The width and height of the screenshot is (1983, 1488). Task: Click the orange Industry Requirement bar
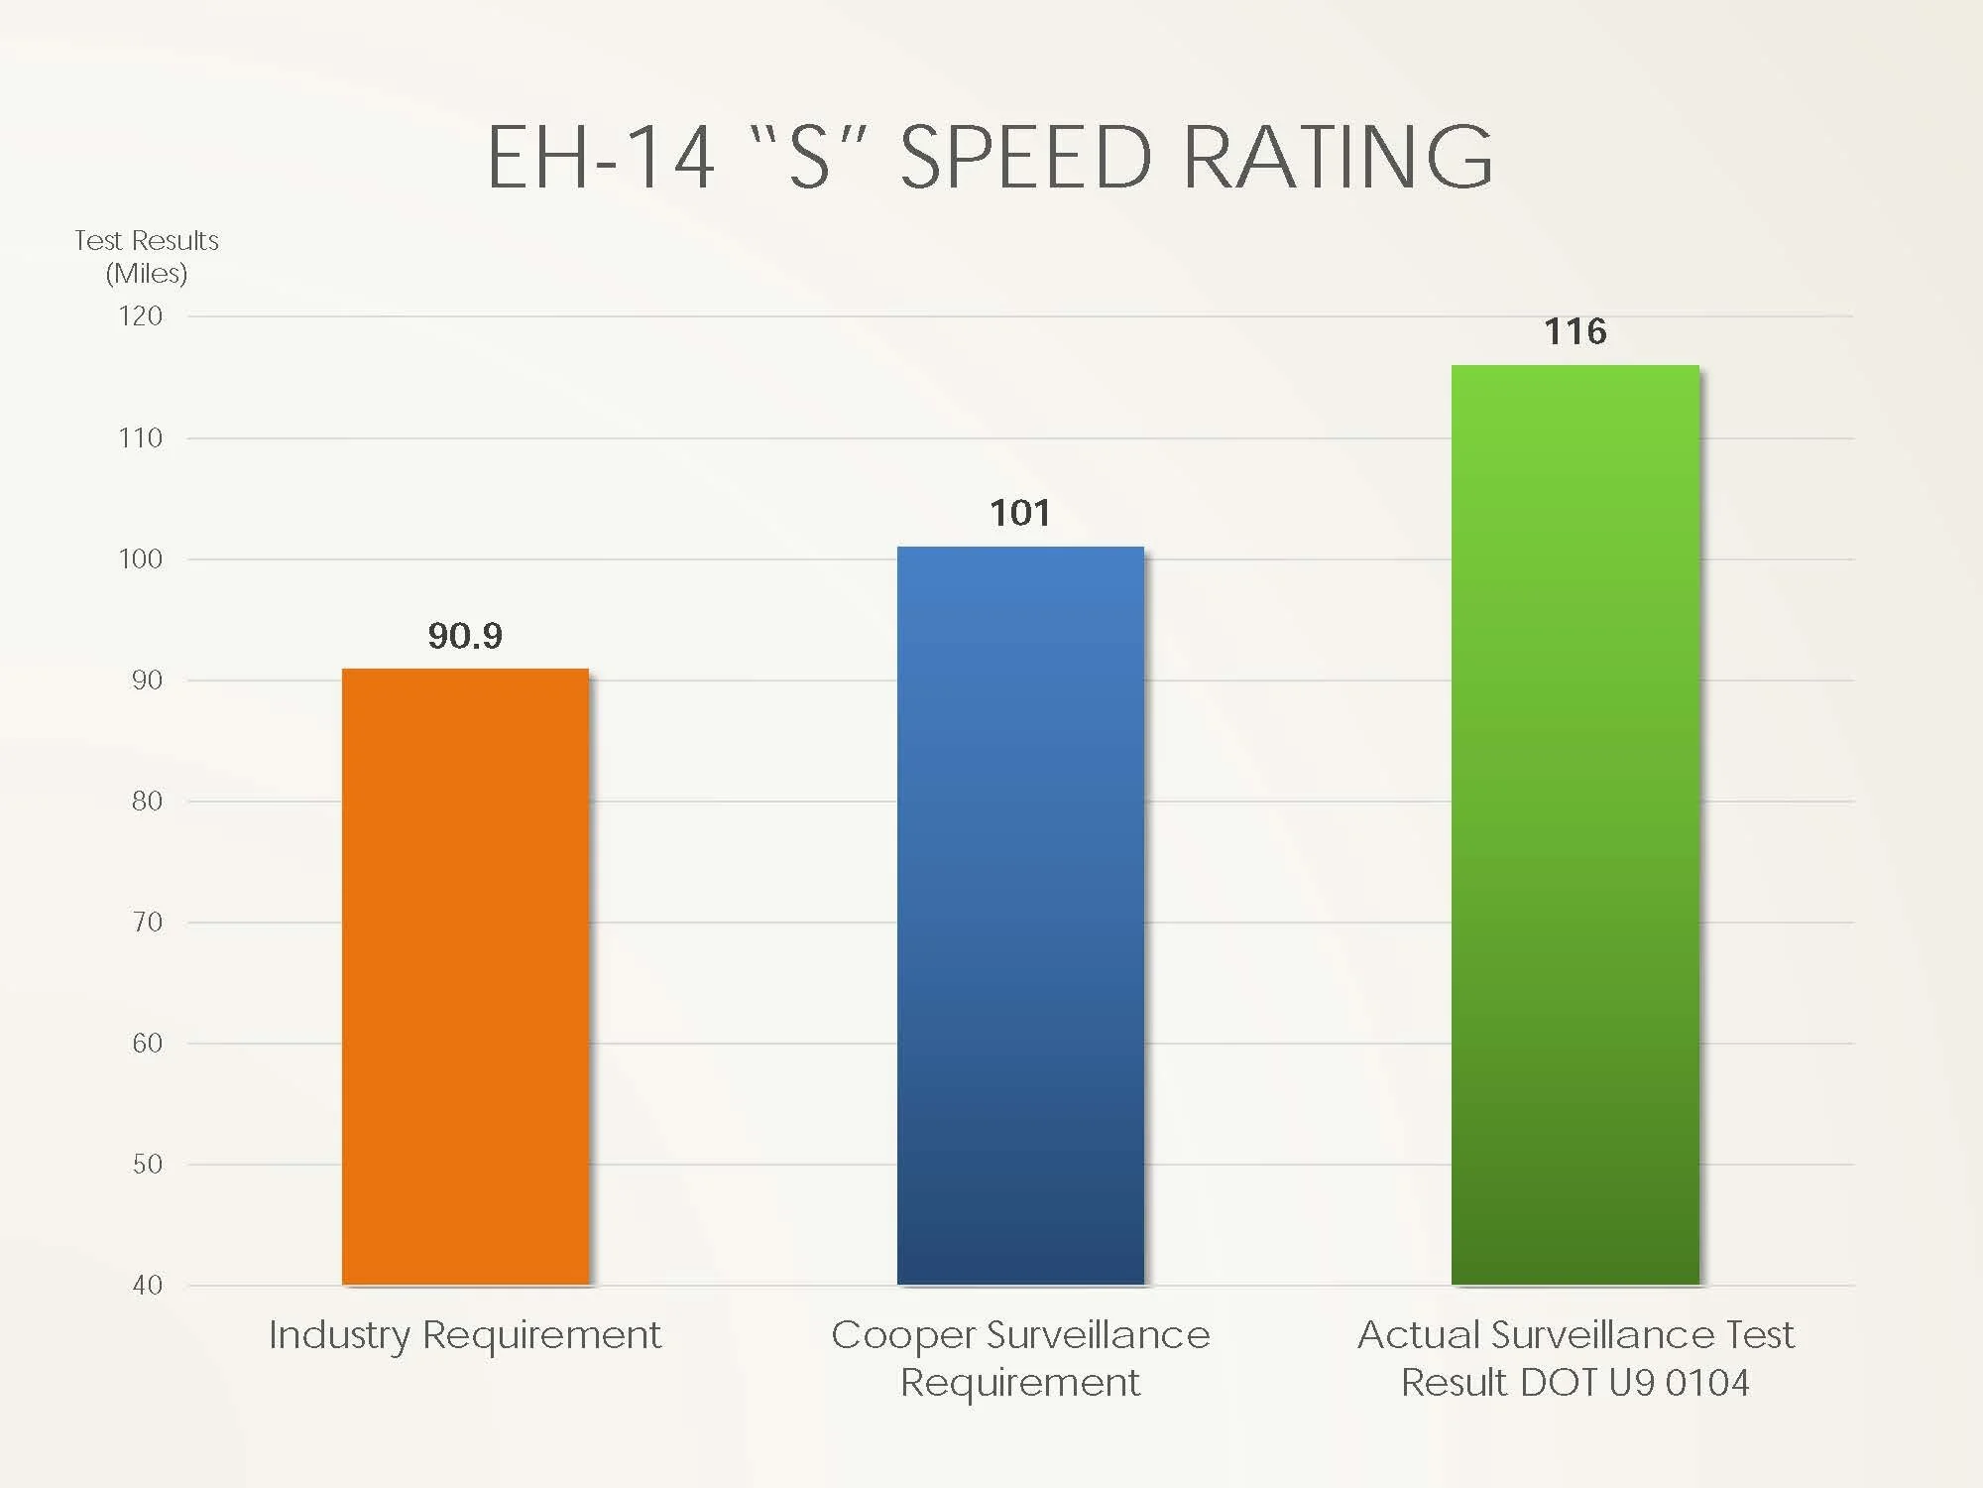465,976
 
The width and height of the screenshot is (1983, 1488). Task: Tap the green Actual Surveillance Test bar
1575,824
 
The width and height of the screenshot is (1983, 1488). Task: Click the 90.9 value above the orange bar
465,636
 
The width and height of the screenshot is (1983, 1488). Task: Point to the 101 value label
1019,513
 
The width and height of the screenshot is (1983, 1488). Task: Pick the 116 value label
1575,331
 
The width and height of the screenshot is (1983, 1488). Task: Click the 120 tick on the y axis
141,316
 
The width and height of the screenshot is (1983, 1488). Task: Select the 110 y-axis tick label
141,437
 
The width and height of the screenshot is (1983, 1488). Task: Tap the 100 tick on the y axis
141,558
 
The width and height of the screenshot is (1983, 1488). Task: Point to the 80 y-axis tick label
147,801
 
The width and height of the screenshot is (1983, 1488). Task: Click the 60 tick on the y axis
147,1043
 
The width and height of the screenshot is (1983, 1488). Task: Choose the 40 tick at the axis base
147,1285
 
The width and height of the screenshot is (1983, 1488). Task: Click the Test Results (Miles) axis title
147,256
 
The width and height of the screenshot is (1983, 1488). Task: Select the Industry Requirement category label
465,1335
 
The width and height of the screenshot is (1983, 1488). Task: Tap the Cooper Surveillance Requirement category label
1020,1358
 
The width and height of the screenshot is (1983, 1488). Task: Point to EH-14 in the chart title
601,157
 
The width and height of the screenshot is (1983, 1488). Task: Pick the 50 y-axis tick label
147,1164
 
